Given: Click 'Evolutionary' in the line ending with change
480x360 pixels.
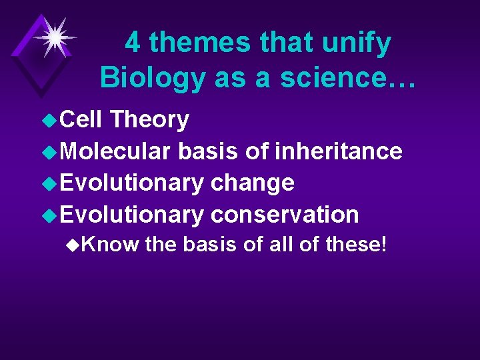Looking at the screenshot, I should click(x=132, y=183).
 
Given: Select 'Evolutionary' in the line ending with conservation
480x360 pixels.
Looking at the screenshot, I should click(x=132, y=215).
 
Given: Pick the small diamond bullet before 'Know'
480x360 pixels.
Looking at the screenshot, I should click(x=74, y=245).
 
